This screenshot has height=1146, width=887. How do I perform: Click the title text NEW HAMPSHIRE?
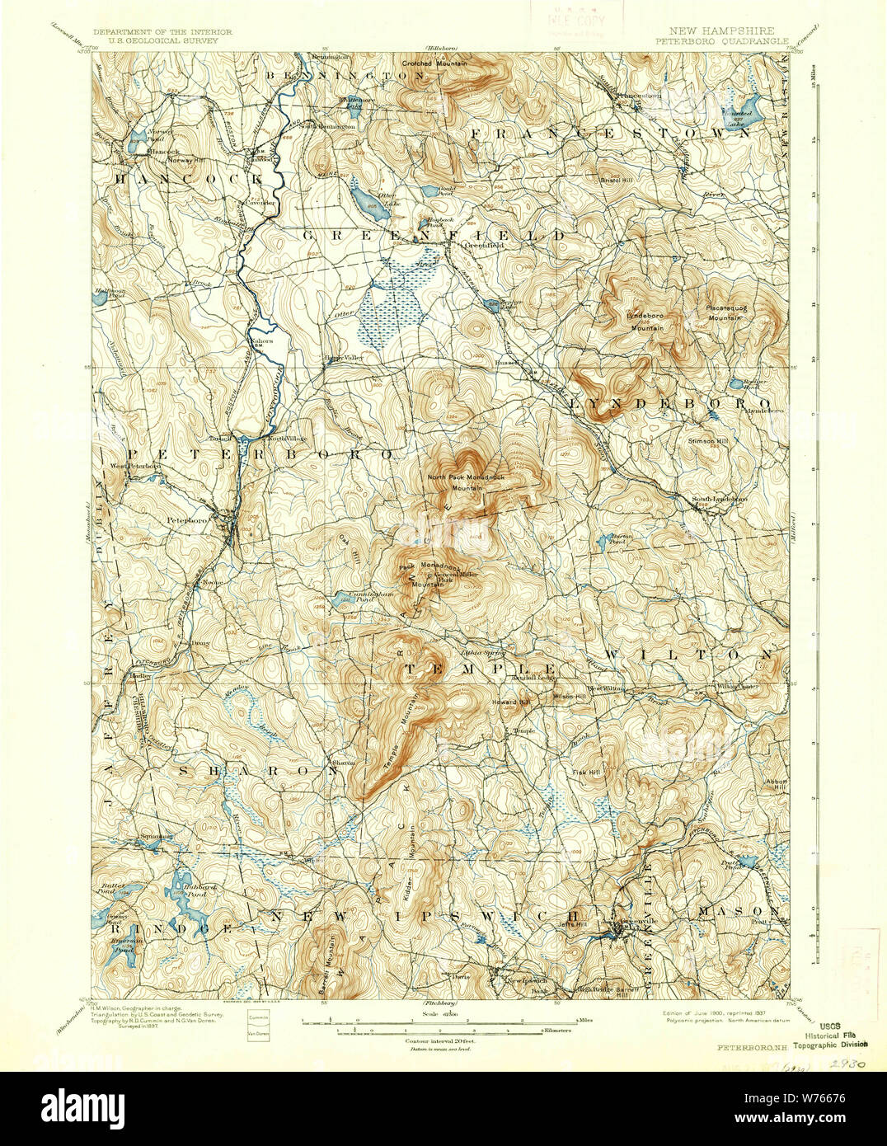point(721,31)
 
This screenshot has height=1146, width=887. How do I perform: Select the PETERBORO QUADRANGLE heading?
point(721,40)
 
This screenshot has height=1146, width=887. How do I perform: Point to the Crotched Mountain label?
point(434,63)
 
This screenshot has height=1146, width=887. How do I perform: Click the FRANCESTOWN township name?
point(610,132)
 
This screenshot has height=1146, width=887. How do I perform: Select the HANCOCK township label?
point(188,178)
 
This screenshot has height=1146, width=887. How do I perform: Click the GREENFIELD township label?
point(434,236)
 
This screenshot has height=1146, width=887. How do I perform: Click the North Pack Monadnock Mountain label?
point(466,482)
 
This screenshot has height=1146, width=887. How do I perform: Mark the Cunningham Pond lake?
point(338,597)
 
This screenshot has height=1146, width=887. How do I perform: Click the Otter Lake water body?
point(369,201)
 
